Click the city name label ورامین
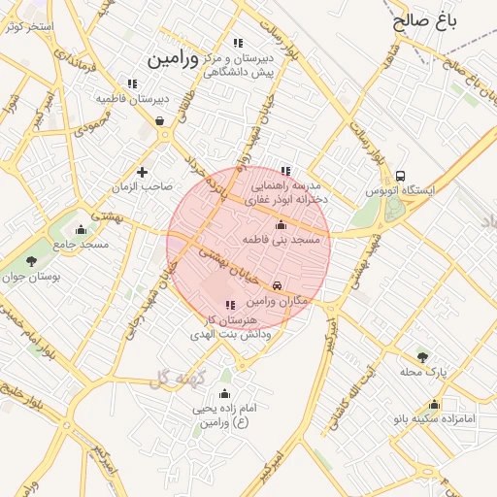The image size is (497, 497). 172,58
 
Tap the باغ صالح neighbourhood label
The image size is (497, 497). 426,19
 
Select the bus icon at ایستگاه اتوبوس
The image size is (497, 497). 401,176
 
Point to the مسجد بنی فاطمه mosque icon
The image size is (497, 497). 282,224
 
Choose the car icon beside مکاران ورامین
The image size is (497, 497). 279,285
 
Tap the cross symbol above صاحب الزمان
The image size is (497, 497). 143,172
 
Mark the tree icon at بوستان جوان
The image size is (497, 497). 30,260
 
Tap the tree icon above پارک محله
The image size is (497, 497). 422,356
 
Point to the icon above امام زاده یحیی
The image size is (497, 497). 224,393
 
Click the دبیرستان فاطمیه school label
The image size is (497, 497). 133,98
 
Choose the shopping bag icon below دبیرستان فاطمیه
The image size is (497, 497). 159,121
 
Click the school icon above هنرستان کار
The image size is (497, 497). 229,305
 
